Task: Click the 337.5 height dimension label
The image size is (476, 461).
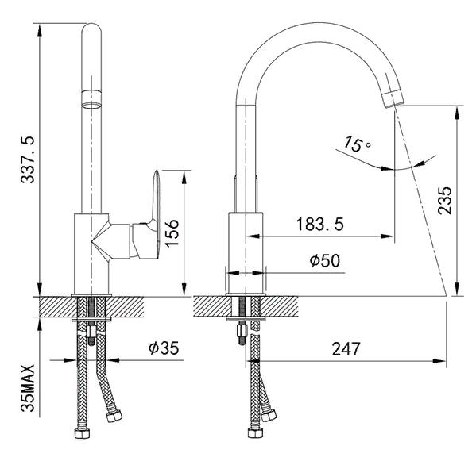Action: (x=28, y=159)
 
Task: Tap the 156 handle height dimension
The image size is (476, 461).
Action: (x=172, y=232)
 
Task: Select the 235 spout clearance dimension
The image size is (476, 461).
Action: (x=445, y=200)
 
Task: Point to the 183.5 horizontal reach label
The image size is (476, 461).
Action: (x=320, y=225)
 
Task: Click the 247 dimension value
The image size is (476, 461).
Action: (x=346, y=348)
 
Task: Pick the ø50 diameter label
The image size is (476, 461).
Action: (x=325, y=261)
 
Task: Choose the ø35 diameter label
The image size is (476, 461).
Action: (x=164, y=348)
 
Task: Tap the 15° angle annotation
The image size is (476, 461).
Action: (x=356, y=144)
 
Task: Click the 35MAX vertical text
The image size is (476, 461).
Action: (x=28, y=388)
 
